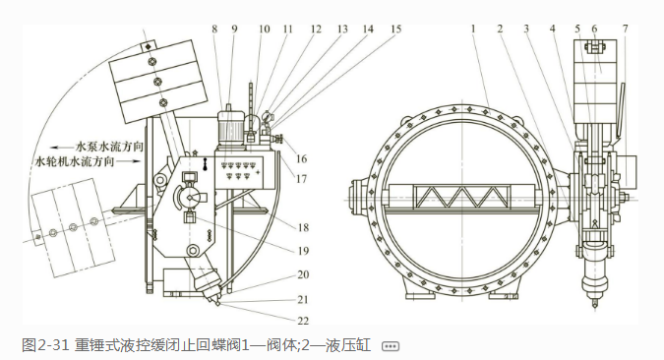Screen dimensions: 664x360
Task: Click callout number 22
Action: [303, 321]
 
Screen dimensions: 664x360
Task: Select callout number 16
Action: [301, 158]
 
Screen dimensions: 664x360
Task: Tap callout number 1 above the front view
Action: [473, 29]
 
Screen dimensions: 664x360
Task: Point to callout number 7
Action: [625, 29]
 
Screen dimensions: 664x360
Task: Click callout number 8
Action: [214, 29]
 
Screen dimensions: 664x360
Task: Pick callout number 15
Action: [395, 29]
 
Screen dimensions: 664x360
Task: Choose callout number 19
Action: [303, 251]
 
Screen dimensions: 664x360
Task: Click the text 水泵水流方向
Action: [109, 147]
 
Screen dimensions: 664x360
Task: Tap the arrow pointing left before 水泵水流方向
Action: [62, 148]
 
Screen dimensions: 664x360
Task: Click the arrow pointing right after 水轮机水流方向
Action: [129, 161]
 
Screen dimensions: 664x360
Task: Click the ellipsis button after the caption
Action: [390, 346]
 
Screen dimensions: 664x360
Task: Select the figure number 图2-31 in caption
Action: [45, 345]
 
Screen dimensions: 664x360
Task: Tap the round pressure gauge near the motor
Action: [268, 116]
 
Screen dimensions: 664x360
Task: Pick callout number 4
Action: [553, 29]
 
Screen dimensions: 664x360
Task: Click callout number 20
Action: [303, 274]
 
